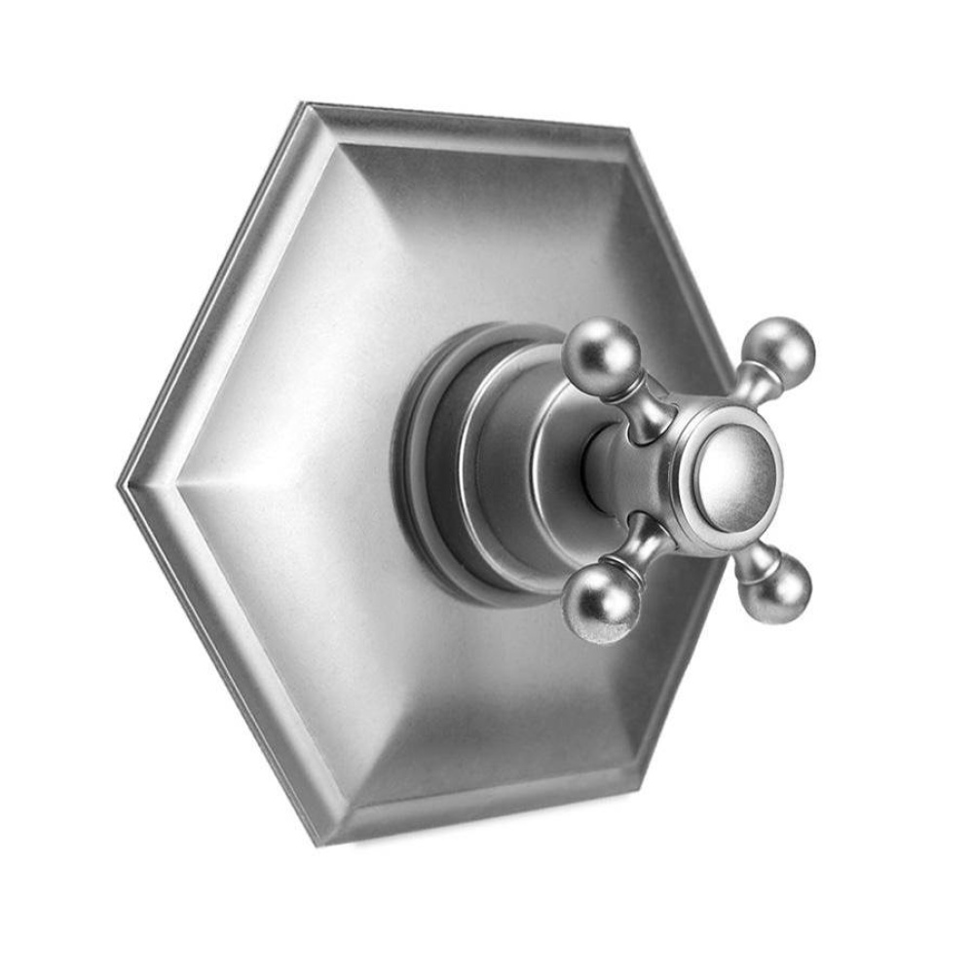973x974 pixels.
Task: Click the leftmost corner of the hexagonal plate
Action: (x=120, y=483)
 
